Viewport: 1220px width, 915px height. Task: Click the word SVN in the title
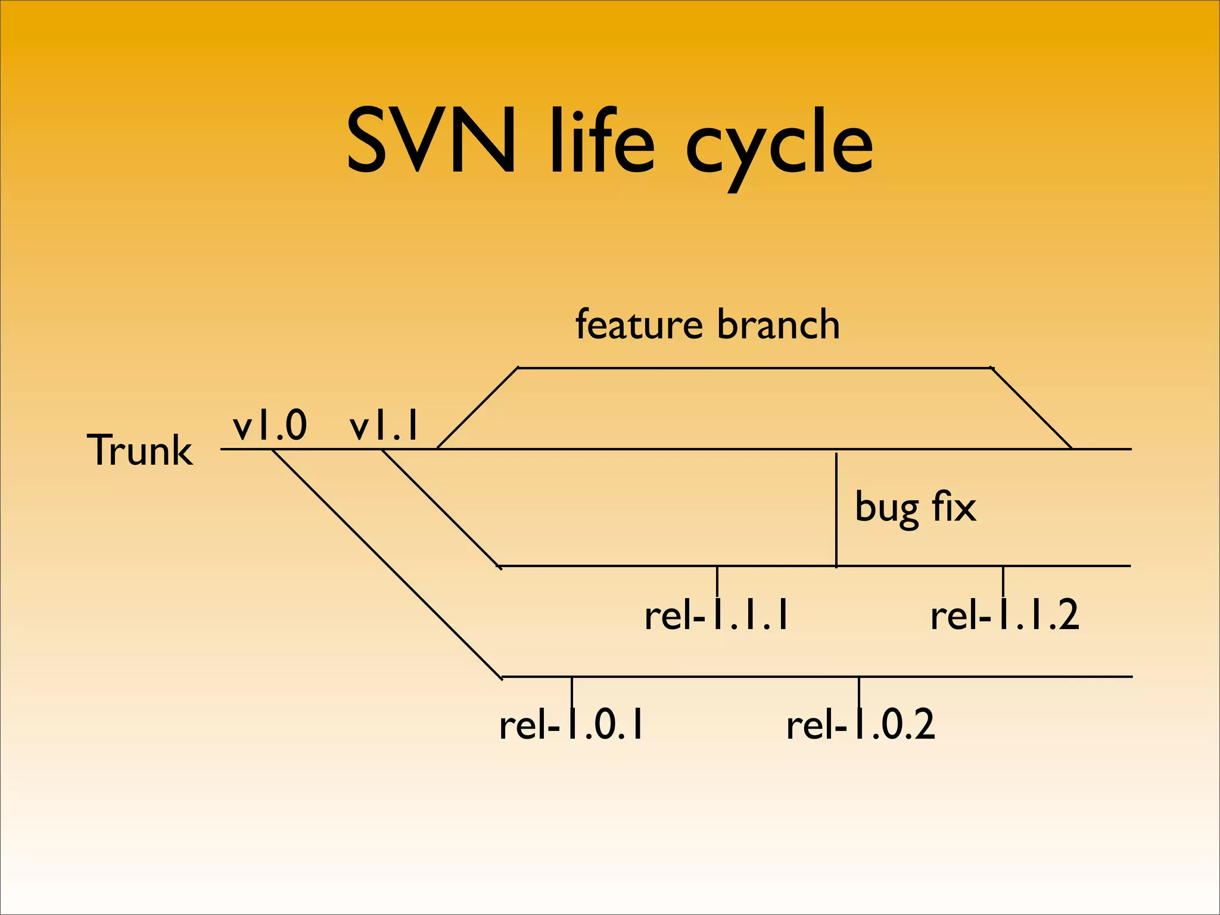coord(430,141)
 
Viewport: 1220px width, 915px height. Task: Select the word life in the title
coord(602,141)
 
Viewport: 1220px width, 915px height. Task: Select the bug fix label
coord(915,507)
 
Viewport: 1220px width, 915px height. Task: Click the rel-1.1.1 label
coord(717,615)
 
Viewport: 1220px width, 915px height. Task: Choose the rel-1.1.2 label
coord(1004,615)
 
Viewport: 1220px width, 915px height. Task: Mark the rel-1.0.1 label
coord(571,725)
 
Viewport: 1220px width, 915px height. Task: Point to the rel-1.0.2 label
coord(860,725)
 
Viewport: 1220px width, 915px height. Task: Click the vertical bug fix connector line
coord(836,509)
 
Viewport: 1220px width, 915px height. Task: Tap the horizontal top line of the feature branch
coord(754,368)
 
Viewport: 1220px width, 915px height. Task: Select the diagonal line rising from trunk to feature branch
coord(478,408)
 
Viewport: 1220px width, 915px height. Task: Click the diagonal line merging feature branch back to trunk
coord(1032,408)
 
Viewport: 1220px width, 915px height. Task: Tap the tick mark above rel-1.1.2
coord(1003,580)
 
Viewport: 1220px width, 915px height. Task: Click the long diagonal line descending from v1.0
coord(387,564)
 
